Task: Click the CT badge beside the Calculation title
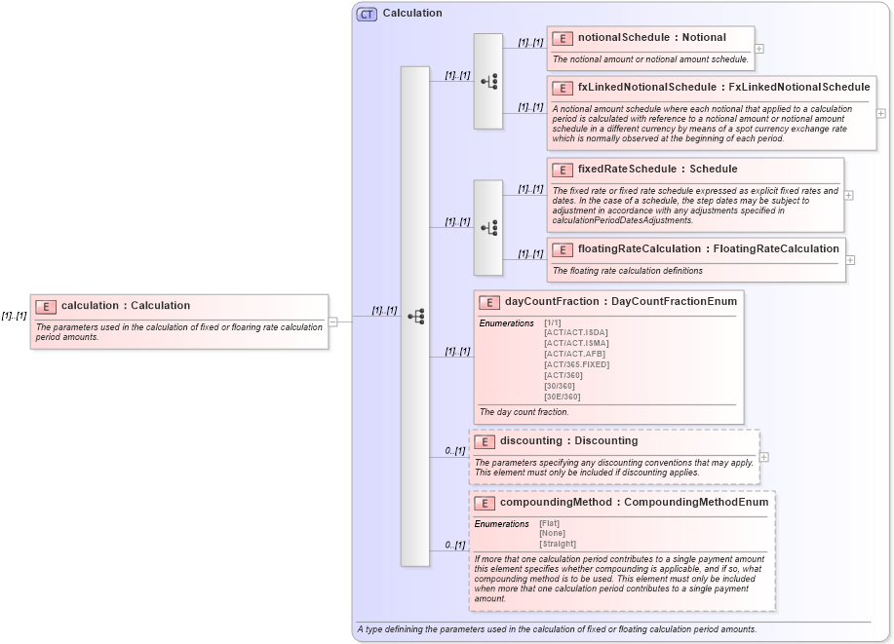point(367,14)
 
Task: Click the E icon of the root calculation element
point(46,306)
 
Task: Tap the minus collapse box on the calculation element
point(333,321)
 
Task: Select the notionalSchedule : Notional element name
point(651,38)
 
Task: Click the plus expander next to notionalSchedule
point(759,48)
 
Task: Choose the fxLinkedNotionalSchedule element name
point(723,88)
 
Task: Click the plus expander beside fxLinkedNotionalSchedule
point(881,113)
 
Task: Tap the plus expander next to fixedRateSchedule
point(849,195)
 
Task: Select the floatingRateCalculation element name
point(708,249)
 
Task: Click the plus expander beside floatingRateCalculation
point(851,260)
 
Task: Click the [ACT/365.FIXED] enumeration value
point(576,364)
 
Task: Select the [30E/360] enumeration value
point(563,397)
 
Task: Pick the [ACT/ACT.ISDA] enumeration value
point(576,333)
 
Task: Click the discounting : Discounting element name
point(568,441)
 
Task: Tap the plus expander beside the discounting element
point(764,457)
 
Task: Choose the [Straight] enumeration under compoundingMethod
point(558,544)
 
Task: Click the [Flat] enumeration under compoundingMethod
point(550,523)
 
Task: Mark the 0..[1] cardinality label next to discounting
point(454,451)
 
